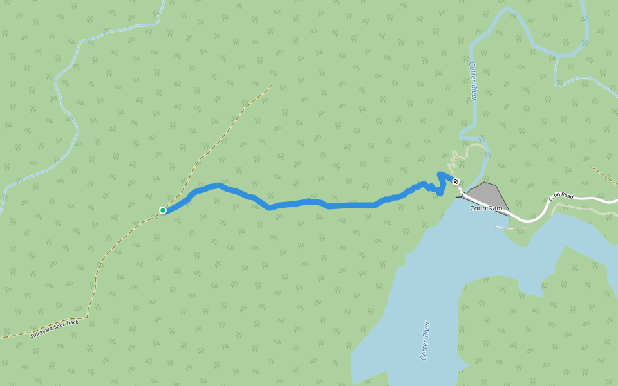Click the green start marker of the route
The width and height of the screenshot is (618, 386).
point(163,210)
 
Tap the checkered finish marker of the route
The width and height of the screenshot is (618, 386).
point(456,181)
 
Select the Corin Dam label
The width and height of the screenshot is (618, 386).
point(486,208)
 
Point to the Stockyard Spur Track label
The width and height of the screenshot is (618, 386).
point(55,329)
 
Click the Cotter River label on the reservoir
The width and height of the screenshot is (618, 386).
point(425,340)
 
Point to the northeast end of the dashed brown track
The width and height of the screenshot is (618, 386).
point(272,84)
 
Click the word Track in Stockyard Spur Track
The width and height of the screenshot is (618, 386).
point(73,322)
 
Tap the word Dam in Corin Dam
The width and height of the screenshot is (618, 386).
point(495,208)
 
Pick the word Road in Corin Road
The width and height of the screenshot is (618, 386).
point(566,195)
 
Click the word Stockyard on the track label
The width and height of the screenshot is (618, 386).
point(41,333)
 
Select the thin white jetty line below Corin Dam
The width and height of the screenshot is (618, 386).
point(504,227)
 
